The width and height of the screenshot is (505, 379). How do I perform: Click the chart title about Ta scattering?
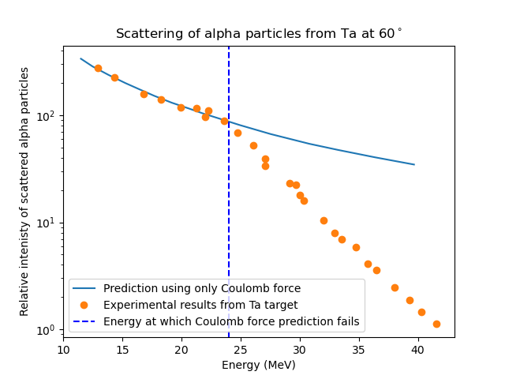tap(259, 34)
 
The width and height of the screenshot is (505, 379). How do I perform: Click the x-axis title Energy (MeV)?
tap(259, 365)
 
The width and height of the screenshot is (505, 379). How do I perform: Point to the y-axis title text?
tap(25, 191)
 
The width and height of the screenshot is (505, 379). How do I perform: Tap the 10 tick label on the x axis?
tap(63, 349)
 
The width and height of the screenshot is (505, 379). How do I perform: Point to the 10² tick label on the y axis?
tap(47, 116)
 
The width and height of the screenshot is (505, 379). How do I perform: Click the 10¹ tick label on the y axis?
tap(47, 223)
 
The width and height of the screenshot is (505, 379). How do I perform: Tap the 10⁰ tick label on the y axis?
tap(47, 329)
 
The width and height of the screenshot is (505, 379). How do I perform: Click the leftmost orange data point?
tap(98, 68)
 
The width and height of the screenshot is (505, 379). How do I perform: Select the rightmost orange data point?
tap(436, 324)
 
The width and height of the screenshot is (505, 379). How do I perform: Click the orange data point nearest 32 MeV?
tap(324, 220)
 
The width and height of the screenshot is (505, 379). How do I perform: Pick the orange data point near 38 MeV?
tap(395, 287)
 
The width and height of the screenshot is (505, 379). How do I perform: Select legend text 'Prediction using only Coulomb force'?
tap(202, 288)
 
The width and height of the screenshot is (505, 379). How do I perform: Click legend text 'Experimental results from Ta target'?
tap(201, 305)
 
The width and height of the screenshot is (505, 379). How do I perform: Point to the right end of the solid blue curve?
tap(414, 164)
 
